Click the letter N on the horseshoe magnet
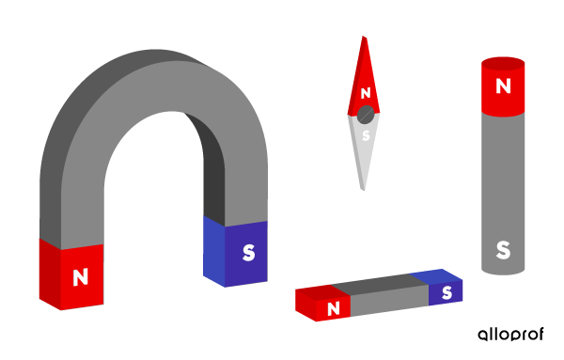80,277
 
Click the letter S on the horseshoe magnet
248,253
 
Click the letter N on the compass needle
366,93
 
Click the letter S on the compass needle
365,135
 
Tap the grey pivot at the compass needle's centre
365,115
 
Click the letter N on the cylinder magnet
503,86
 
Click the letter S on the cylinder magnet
503,251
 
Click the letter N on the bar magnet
333,308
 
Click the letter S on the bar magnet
446,292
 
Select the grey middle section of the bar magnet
389,295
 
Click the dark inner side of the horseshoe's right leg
215,188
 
